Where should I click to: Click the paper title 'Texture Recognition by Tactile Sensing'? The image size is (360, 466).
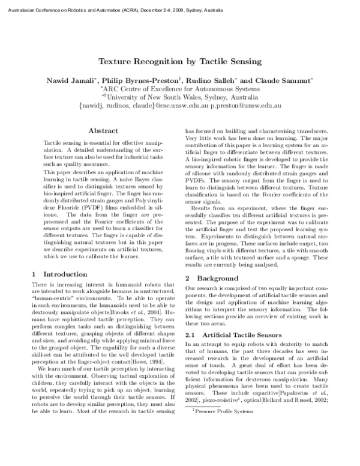point(179,61)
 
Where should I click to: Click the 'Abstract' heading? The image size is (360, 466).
point(103,130)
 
